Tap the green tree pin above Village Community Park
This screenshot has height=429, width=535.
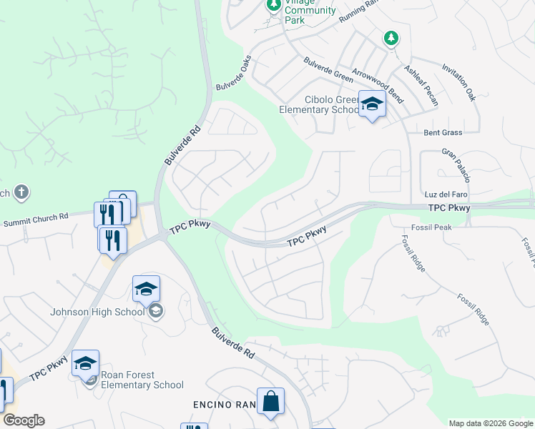point(273,4)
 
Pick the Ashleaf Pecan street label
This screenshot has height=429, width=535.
point(421,86)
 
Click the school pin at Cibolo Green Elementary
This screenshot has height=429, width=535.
point(372,104)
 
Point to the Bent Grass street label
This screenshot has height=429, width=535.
point(443,132)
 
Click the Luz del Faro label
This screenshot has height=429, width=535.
point(446,194)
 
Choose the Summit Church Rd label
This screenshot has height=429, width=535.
point(35,220)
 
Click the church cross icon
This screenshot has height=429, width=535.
point(21,192)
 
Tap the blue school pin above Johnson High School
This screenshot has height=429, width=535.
point(146,289)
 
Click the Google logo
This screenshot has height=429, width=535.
point(23,420)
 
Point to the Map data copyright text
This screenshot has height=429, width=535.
point(491,423)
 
